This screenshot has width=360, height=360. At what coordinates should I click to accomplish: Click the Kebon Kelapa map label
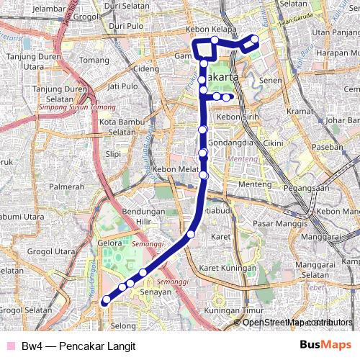tap(212, 29)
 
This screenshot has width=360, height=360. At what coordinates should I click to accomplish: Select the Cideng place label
tap(145, 68)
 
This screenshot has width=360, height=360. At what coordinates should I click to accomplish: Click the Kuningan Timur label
tap(232, 310)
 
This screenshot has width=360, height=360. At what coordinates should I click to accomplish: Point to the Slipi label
tap(114, 153)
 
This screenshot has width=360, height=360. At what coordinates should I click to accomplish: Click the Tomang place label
tap(94, 60)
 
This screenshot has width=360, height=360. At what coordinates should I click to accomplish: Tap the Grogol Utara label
tap(51, 252)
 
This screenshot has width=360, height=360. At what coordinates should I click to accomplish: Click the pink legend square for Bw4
tap(9, 346)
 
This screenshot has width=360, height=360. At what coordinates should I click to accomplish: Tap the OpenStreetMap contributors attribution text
tap(297, 322)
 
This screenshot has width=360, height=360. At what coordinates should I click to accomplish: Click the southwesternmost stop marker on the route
tap(107, 300)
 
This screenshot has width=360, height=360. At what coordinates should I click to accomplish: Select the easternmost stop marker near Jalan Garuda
tap(254, 40)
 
